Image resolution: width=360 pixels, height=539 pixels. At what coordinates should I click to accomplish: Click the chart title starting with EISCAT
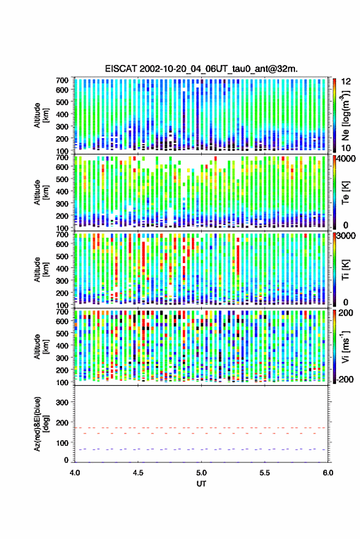point(201,69)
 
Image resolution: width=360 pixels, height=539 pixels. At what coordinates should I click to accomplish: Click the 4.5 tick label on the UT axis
point(138,473)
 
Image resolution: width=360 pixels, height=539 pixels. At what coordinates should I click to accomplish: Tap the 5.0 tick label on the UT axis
point(202,473)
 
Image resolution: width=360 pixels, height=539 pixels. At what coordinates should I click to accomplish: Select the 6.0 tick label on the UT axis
point(327,473)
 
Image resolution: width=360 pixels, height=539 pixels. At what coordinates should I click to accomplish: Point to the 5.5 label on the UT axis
point(265,473)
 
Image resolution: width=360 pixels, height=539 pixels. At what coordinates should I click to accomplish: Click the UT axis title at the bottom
point(201,484)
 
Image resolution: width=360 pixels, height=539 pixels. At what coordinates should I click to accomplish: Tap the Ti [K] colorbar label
point(345,270)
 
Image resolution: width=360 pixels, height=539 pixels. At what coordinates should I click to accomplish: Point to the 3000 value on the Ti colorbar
point(346,235)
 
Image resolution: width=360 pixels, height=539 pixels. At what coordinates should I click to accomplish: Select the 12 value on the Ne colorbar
point(347,82)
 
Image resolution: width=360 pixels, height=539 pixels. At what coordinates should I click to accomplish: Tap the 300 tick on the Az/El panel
point(62,402)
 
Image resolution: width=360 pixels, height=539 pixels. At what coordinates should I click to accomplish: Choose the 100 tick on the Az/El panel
point(62,443)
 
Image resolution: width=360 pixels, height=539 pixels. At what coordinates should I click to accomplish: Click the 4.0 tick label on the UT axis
point(75,473)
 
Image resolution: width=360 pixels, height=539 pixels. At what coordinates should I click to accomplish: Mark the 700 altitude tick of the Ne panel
point(62,80)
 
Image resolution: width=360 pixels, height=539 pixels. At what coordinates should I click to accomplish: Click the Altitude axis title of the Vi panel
point(41,346)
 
